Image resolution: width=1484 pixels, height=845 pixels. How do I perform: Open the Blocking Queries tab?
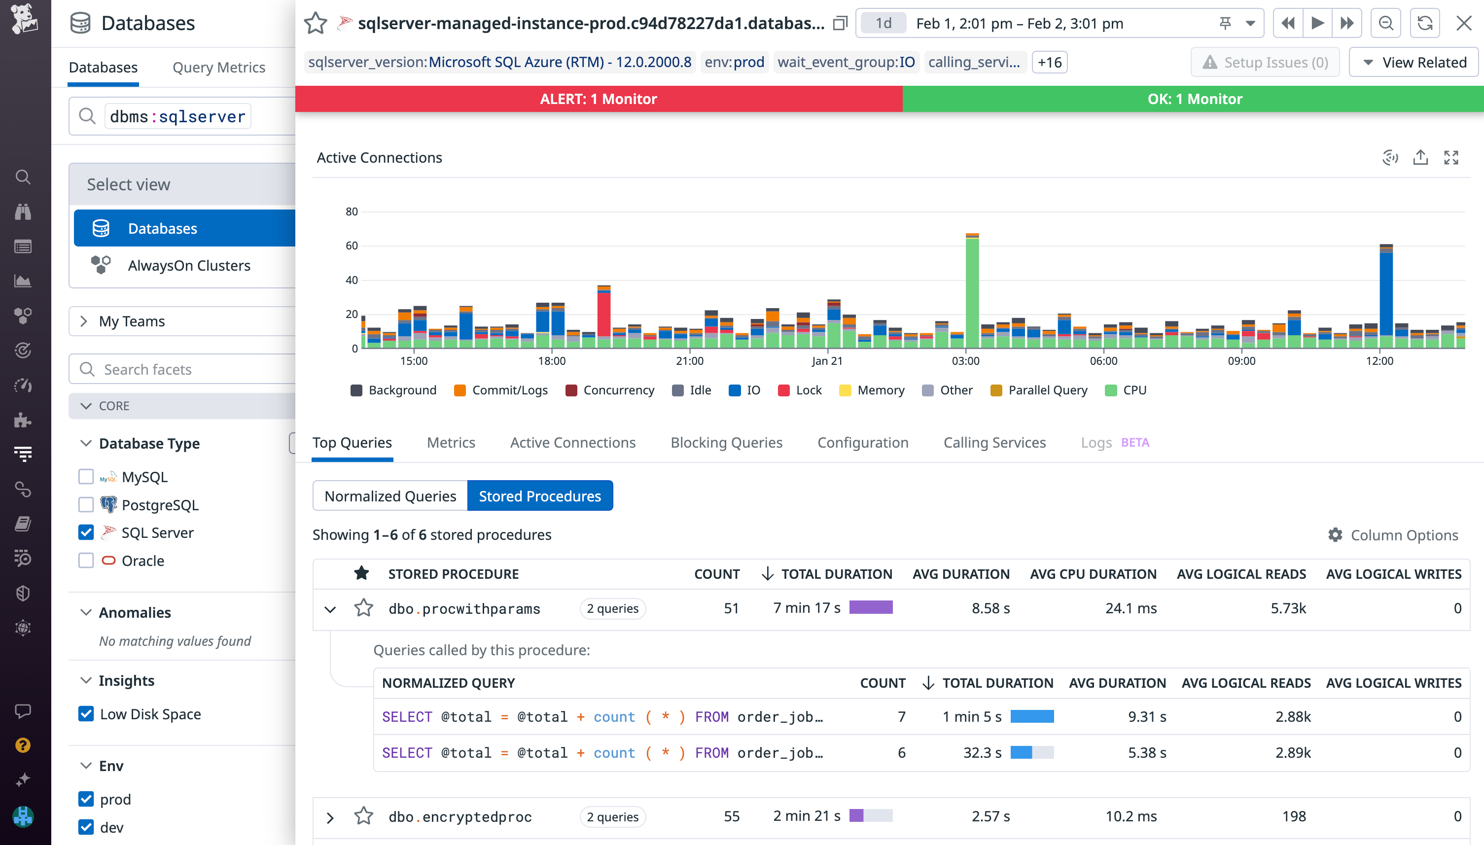coord(726,442)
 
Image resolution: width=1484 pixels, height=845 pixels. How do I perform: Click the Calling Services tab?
coord(994,442)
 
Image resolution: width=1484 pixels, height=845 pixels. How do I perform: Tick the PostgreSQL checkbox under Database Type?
coord(86,504)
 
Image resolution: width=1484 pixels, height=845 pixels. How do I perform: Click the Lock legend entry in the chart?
coord(800,390)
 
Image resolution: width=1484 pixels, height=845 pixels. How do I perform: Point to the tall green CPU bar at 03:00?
coord(972,290)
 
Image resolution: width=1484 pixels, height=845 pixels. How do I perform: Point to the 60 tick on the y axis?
coord(352,246)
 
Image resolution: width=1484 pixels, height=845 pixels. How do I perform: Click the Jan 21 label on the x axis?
coord(826,361)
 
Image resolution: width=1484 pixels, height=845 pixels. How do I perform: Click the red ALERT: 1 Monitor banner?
coord(599,99)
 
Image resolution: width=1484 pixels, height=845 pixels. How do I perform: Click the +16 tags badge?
coord(1049,62)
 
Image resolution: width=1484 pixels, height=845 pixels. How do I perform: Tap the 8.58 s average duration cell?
coord(990,608)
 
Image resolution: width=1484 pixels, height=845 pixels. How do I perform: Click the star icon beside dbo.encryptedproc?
coord(363,816)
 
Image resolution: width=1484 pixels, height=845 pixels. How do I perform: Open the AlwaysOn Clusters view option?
coord(189,265)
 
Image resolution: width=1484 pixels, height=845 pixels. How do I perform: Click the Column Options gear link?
coord(1393,535)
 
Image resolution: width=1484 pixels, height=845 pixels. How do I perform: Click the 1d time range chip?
coord(883,23)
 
